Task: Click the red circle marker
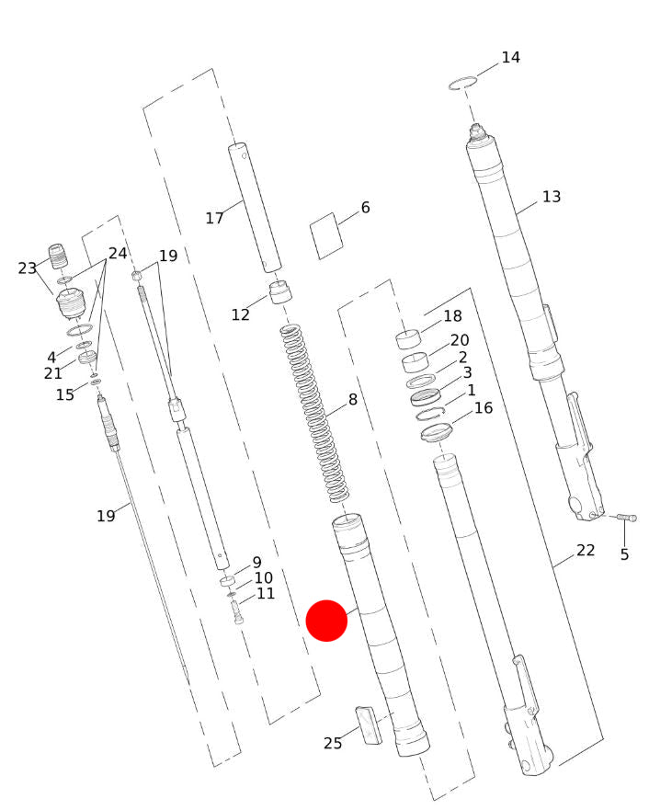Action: [x=326, y=621]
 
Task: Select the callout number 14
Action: [x=510, y=57]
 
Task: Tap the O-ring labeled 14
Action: [x=462, y=83]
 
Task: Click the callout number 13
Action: [x=551, y=197]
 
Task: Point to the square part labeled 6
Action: [x=326, y=235]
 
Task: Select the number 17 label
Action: [x=214, y=218]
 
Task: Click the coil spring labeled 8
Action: [x=313, y=413]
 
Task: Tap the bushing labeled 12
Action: [x=280, y=291]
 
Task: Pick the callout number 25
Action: [x=333, y=743]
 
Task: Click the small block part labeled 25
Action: [x=369, y=725]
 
